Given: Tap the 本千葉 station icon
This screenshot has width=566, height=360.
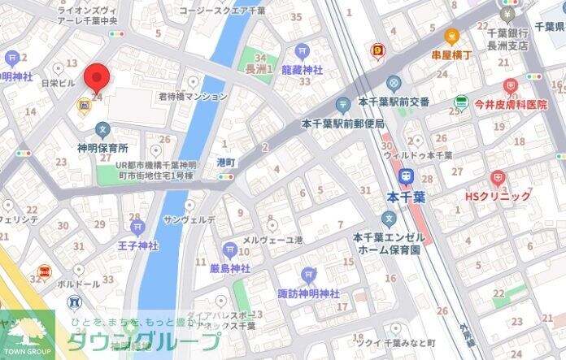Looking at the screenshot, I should tap(405, 176).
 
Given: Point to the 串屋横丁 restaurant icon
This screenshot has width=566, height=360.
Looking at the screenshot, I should tap(451, 36).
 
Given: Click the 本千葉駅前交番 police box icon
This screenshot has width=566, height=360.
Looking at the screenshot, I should tap(394, 83).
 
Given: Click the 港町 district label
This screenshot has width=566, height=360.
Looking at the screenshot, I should tap(225, 163).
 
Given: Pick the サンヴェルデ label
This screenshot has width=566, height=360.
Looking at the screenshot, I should tap(189, 219).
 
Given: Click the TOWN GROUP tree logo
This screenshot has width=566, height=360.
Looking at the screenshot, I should tap(26, 332).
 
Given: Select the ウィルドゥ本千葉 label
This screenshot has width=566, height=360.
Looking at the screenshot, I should tap(417, 154).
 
